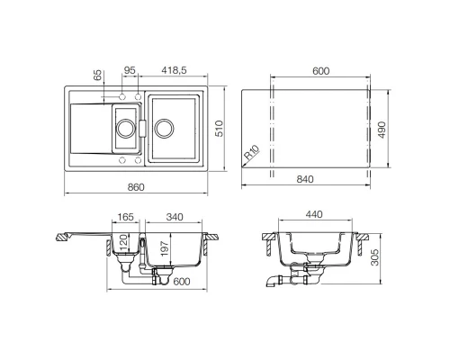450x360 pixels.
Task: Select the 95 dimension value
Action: tap(129, 69)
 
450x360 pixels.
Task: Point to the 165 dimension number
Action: tap(126, 218)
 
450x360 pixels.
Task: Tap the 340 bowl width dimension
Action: tap(175, 218)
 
